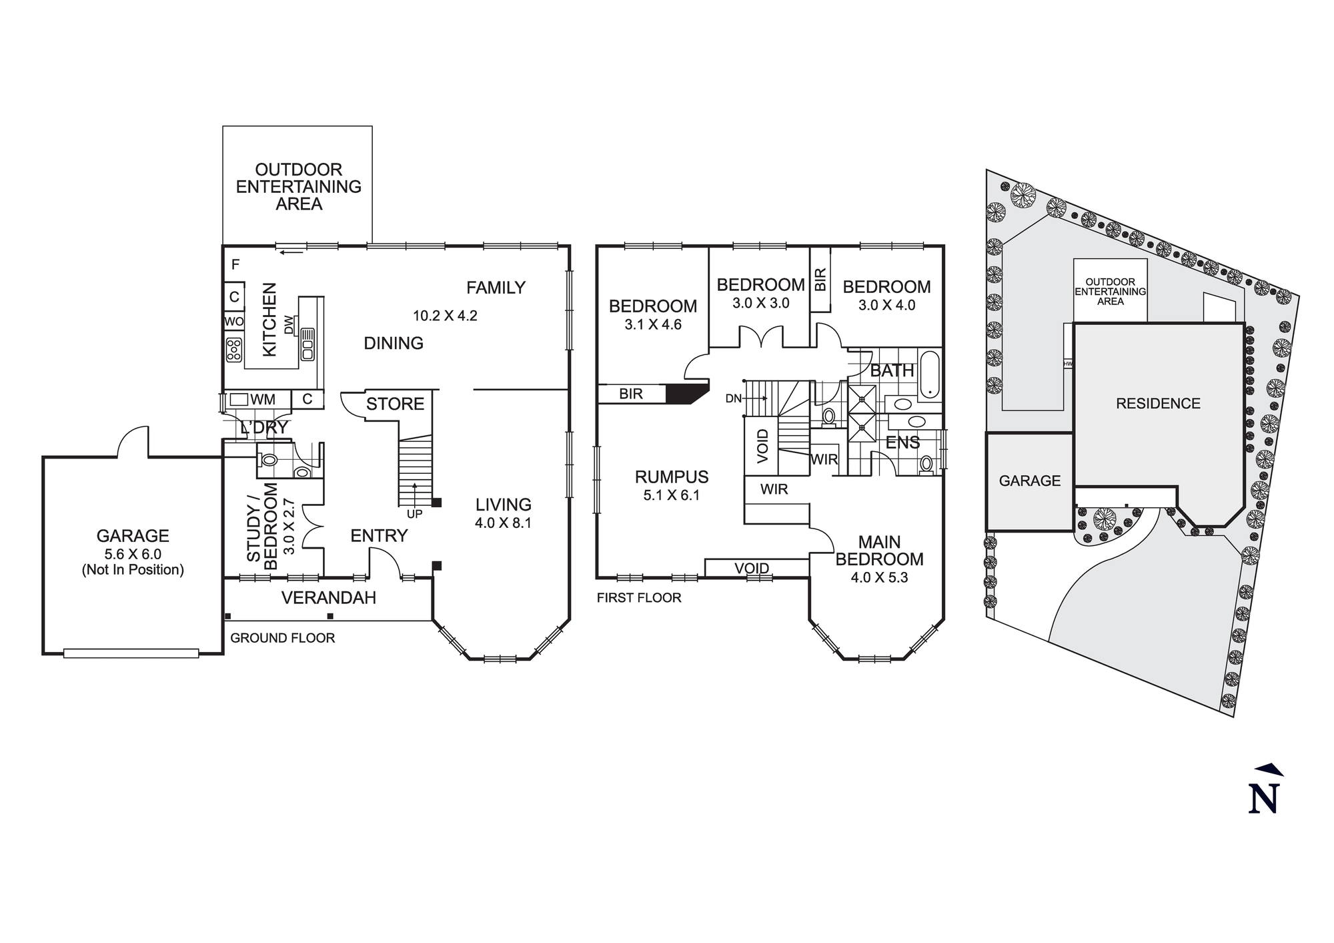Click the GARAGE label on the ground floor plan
tap(133, 536)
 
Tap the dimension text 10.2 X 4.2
tap(445, 316)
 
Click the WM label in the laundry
tap(263, 400)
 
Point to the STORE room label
tap(395, 404)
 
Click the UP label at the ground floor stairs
tap(414, 515)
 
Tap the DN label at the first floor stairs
tap(733, 398)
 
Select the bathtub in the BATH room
tap(929, 374)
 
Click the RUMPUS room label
tap(671, 477)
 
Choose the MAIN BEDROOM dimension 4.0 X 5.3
tap(879, 577)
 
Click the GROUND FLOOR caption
tap(282, 638)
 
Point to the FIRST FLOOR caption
tap(639, 598)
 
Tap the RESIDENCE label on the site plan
tap(1158, 403)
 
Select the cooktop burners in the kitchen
tap(234, 350)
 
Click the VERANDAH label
tap(328, 598)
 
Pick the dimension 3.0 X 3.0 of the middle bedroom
tap(760, 303)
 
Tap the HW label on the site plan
tap(1068, 364)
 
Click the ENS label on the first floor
tap(902, 442)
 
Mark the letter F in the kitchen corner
tap(235, 265)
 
